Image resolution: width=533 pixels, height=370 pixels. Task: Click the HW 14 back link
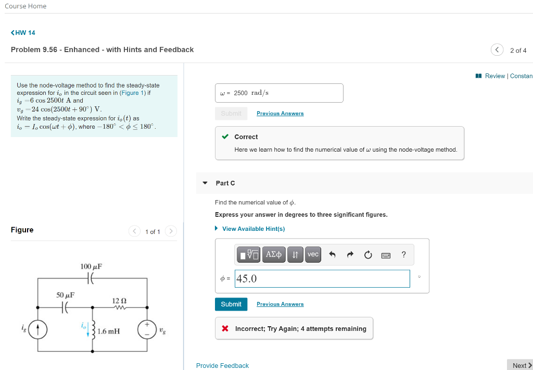point(23,33)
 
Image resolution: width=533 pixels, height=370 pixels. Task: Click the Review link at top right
point(494,76)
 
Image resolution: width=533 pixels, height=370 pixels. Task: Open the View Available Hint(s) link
point(253,229)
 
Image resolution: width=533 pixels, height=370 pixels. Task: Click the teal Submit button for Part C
point(231,304)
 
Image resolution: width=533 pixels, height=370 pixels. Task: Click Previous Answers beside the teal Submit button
point(280,304)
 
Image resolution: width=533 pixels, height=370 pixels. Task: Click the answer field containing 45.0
point(322,279)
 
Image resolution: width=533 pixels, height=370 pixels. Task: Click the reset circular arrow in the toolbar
point(368,255)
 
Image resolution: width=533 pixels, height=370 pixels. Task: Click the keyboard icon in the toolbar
point(386,255)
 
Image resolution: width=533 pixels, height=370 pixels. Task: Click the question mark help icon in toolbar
point(403,255)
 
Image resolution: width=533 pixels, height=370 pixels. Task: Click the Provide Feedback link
point(222,366)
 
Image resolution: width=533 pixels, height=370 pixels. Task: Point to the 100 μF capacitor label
point(91,266)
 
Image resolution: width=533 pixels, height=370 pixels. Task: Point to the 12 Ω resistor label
point(119,301)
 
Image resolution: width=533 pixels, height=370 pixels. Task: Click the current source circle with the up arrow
point(38,330)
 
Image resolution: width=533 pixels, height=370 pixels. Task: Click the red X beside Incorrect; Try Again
point(225,329)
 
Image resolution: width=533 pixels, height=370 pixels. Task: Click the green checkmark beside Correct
point(225,137)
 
